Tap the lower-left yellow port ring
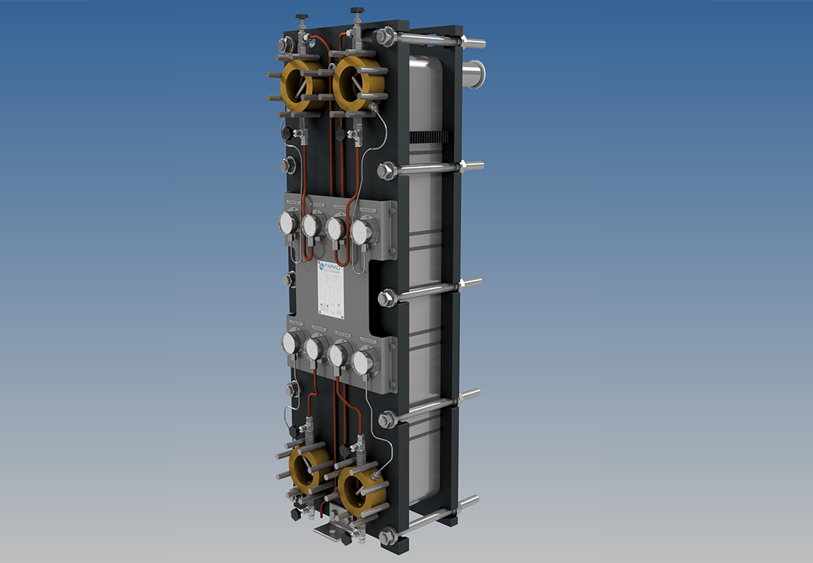pyautogui.click(x=308, y=470)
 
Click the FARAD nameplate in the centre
pyautogui.click(x=330, y=289)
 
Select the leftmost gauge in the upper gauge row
pyautogui.click(x=289, y=223)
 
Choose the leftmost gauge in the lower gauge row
pyautogui.click(x=291, y=343)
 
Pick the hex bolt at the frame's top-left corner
pyautogui.click(x=286, y=45)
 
